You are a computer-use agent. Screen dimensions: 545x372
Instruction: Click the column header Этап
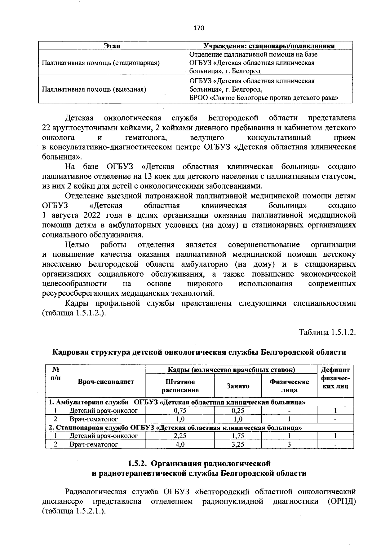click(112, 46)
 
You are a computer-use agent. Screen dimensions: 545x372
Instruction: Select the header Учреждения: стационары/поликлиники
click(269, 46)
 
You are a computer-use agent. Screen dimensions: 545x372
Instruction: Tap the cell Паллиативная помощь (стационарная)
click(101, 63)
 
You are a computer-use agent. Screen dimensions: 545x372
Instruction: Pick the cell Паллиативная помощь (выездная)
click(94, 89)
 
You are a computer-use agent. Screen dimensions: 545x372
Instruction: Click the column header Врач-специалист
click(106, 381)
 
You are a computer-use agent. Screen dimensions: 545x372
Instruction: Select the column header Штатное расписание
click(180, 386)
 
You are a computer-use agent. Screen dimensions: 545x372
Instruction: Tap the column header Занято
click(238, 386)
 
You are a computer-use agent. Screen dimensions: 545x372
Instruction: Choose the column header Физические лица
click(289, 386)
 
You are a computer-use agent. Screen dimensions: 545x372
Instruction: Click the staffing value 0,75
click(180, 411)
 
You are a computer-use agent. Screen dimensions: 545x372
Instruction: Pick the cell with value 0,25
click(238, 411)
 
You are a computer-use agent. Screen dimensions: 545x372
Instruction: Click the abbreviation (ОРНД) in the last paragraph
click(341, 501)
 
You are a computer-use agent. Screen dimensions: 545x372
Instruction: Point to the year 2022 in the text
click(92, 216)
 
